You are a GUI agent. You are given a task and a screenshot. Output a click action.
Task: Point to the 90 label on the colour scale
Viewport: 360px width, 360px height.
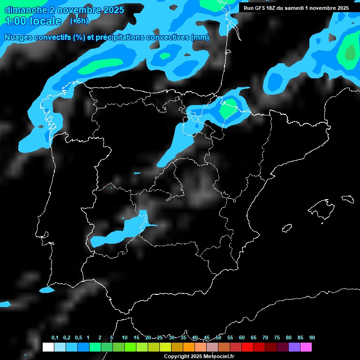(312, 337)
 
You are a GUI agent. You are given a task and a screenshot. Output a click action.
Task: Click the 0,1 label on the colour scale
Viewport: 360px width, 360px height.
(55, 337)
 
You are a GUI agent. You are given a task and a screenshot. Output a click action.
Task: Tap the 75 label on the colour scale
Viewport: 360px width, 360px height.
(277, 337)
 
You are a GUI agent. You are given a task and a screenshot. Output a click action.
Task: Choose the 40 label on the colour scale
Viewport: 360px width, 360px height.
(195, 337)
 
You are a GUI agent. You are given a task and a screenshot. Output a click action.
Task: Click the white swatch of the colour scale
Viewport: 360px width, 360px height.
(48, 347)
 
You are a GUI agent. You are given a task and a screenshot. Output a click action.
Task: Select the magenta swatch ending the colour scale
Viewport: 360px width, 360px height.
(306, 347)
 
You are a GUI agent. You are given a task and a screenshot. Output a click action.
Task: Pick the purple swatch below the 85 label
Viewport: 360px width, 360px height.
(294, 347)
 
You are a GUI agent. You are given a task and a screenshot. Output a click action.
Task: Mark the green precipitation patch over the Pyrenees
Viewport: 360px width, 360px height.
(228, 111)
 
